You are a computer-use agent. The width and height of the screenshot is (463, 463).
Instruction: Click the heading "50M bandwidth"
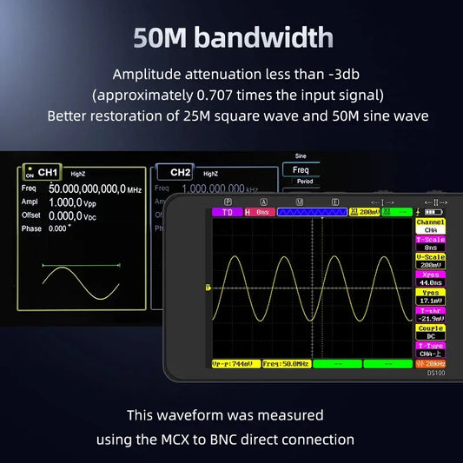click(233, 37)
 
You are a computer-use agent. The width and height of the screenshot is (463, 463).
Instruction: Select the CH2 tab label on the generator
click(179, 173)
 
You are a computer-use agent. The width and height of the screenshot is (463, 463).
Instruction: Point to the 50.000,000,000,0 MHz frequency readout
click(94, 189)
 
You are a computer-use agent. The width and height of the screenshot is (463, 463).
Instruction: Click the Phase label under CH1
click(31, 228)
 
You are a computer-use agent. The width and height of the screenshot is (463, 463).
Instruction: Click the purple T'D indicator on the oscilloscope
click(227, 212)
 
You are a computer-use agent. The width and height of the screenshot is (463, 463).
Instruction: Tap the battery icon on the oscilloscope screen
click(432, 212)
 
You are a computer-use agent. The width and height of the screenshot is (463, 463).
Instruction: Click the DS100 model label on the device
click(435, 374)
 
